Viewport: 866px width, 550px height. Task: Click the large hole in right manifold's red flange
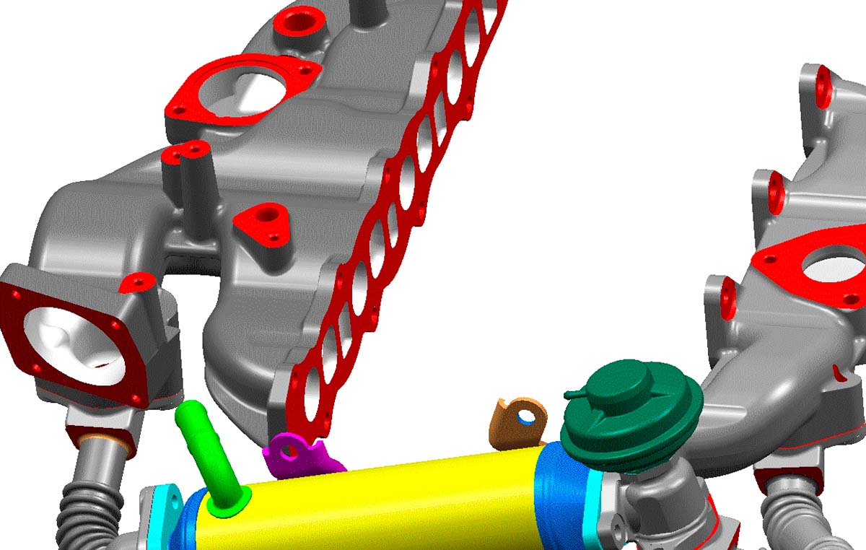pos(837,266)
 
